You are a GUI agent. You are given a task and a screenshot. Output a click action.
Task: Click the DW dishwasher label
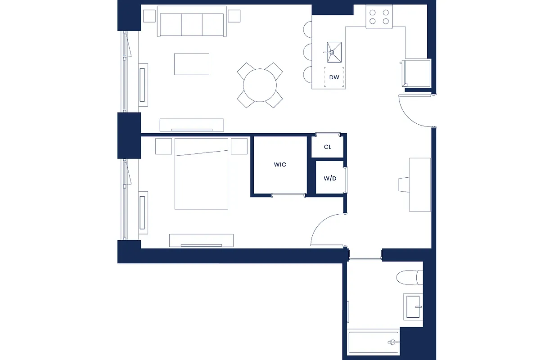click(334, 77)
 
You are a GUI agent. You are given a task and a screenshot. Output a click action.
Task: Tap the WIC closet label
click(280, 165)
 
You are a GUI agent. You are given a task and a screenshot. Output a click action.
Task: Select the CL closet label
click(328, 147)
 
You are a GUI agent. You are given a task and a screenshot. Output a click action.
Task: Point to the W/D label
click(330, 178)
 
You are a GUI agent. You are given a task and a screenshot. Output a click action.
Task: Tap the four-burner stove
click(379, 17)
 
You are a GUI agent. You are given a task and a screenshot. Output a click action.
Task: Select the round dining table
click(260, 85)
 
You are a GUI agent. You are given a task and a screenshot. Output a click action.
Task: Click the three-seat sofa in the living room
click(191, 24)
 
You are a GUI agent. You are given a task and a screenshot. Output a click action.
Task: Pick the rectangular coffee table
click(192, 64)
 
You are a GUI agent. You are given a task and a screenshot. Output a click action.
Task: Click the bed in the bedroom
click(201, 174)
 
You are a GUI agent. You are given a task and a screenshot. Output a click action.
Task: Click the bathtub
click(374, 342)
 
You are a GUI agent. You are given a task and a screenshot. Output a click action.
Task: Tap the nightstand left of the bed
click(164, 146)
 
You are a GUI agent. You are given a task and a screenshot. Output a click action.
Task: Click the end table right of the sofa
click(234, 16)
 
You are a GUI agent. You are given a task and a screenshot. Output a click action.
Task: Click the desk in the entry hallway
click(420, 184)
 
